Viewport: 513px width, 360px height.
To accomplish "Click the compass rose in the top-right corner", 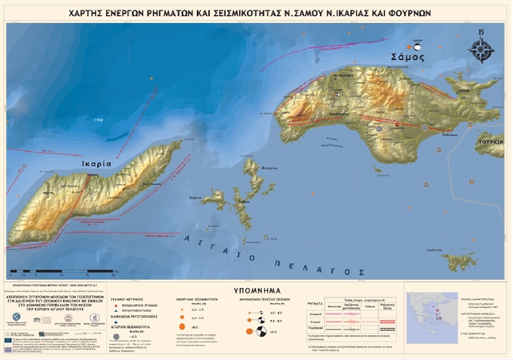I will click(481, 50).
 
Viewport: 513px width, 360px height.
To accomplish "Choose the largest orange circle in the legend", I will click(193, 329).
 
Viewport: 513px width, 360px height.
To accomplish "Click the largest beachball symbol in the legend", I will click(249, 330).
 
